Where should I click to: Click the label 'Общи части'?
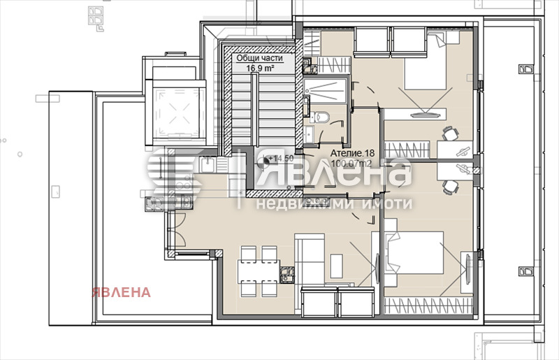259,57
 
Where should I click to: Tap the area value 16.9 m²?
259,68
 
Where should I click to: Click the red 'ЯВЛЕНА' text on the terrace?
119,292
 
